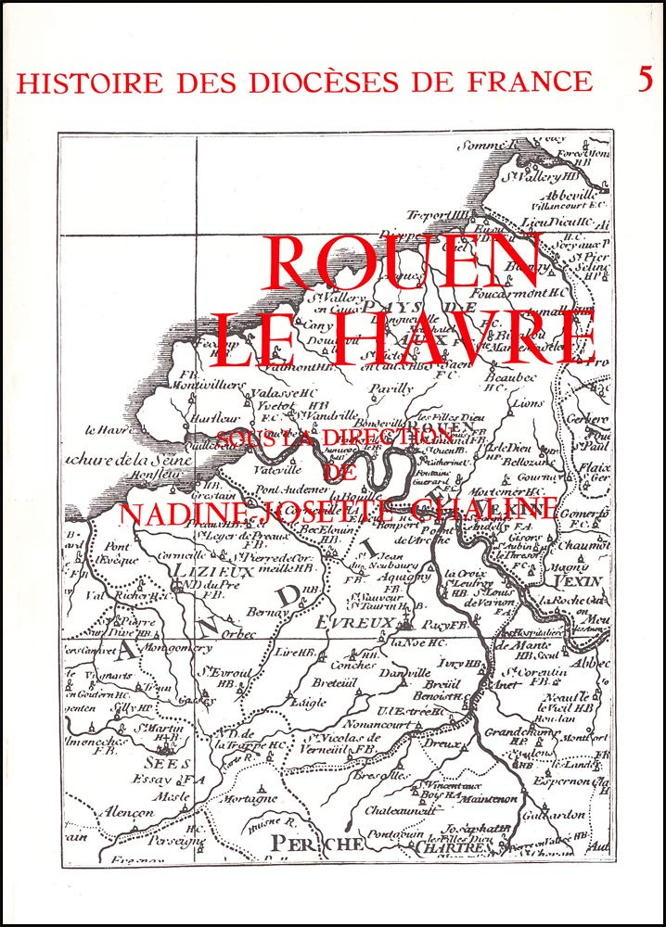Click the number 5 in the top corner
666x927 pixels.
[645, 80]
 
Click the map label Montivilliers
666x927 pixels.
[211, 385]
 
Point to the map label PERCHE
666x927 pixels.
[317, 843]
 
